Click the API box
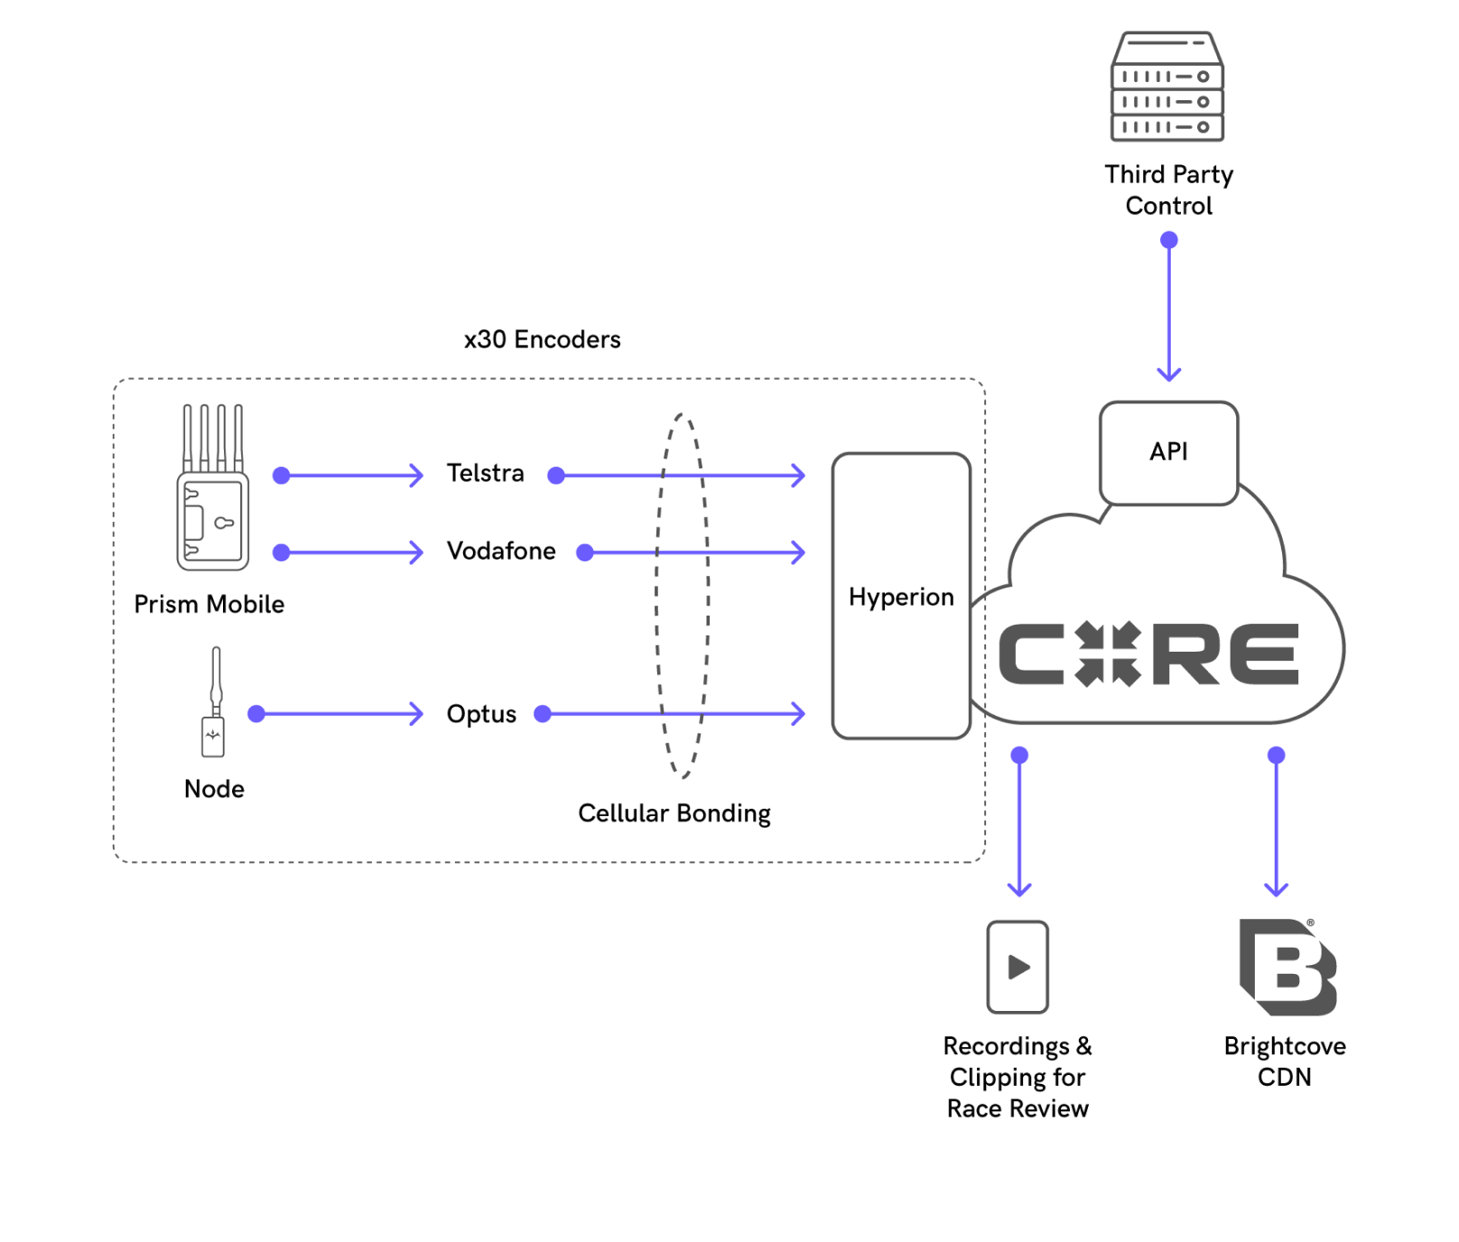[x=1168, y=452]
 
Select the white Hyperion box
[x=901, y=596]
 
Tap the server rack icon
[x=1166, y=88]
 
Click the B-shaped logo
[x=1287, y=967]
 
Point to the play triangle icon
[x=1018, y=968]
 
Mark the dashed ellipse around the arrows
[x=682, y=596]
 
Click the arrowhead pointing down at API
[x=1169, y=374]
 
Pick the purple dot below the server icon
[x=1169, y=240]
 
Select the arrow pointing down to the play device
[x=1019, y=826]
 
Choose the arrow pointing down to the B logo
[x=1276, y=826]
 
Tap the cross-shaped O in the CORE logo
[x=1108, y=654]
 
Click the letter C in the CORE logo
[x=1031, y=654]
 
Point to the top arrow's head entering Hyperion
[x=798, y=476]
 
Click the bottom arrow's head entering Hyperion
[x=798, y=714]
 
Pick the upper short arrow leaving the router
[x=352, y=476]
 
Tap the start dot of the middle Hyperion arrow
[x=585, y=552]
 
